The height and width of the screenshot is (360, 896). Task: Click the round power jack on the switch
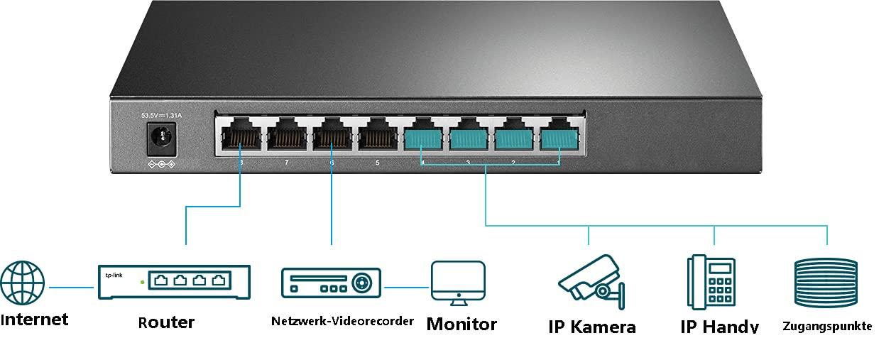[x=160, y=138]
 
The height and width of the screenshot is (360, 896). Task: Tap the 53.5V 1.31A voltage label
[x=161, y=115]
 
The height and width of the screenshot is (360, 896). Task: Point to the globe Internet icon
[x=23, y=283]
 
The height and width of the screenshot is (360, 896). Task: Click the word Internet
[x=35, y=320]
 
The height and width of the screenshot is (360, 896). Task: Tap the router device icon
[x=174, y=281]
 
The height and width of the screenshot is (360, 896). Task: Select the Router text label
[x=166, y=322]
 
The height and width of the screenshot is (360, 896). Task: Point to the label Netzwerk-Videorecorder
[x=342, y=321]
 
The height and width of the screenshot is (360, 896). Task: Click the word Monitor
[x=461, y=324]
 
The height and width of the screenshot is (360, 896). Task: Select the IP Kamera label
[x=592, y=327]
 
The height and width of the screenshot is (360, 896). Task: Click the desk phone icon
[x=711, y=282]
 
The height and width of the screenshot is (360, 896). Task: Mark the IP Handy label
[x=719, y=327]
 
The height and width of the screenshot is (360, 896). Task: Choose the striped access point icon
[x=826, y=283]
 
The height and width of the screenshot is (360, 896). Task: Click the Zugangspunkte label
[x=827, y=327]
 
